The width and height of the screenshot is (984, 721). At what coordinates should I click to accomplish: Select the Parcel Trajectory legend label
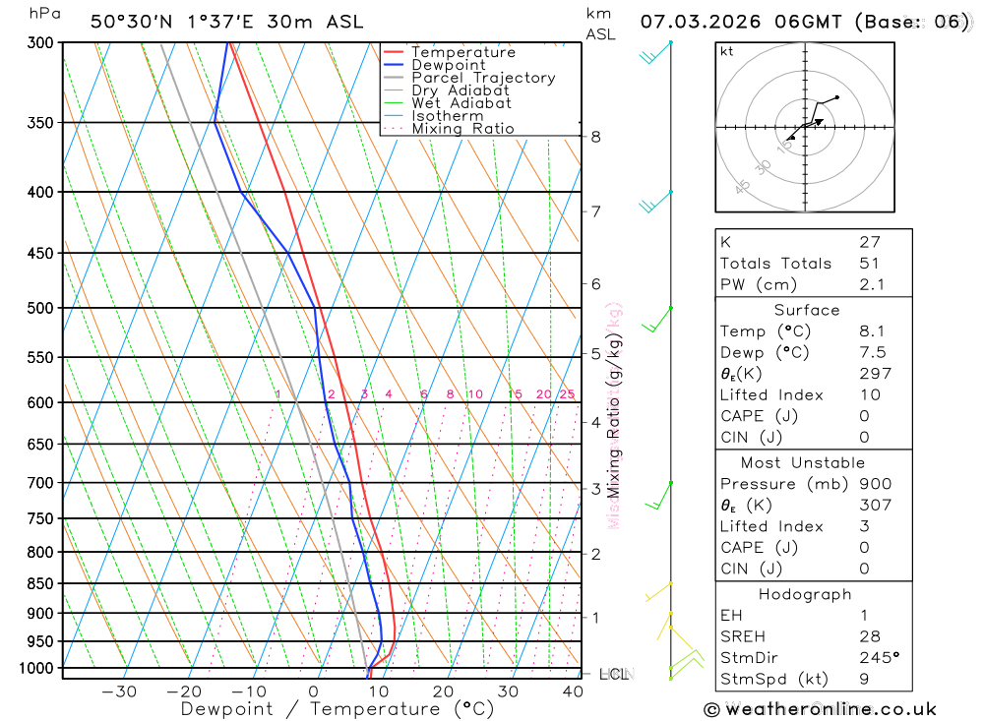pos(483,78)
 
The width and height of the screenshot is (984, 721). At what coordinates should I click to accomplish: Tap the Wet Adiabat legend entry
pos(461,103)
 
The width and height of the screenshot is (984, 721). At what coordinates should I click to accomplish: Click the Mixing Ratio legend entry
pos(462,129)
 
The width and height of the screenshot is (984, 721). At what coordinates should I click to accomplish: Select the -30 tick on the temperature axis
pos(119,691)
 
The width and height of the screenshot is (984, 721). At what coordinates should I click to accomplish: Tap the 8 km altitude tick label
pos(595,137)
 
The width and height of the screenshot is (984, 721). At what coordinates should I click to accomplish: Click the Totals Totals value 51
pos(870,264)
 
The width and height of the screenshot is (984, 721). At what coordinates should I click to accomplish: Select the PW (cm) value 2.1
pos(872,285)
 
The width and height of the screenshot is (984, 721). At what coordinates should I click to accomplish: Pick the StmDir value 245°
pos(879,658)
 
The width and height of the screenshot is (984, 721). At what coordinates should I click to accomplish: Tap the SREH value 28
pos(870,636)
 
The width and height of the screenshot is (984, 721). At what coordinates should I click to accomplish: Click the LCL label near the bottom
pos(614,674)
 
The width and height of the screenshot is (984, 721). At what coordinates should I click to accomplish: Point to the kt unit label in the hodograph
pos(727,51)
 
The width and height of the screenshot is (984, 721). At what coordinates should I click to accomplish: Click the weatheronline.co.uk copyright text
pos(820,709)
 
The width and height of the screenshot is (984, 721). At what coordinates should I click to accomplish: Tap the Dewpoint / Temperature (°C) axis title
pos(338,709)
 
